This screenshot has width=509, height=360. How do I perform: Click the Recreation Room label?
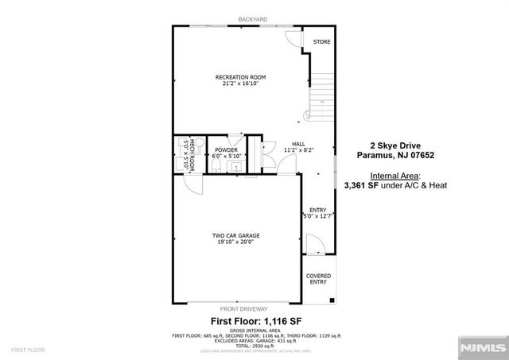238,76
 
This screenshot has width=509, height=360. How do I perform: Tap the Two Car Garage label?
236,235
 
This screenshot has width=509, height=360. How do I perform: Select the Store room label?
321,41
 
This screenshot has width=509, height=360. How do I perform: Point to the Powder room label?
227,149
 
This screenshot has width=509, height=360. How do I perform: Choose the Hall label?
299,144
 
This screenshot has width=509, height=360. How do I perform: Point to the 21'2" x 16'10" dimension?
238,83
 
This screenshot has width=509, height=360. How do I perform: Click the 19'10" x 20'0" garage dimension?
236,242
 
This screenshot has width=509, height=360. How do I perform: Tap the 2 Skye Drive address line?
394,145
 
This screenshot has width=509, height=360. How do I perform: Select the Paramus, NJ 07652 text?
394,156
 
